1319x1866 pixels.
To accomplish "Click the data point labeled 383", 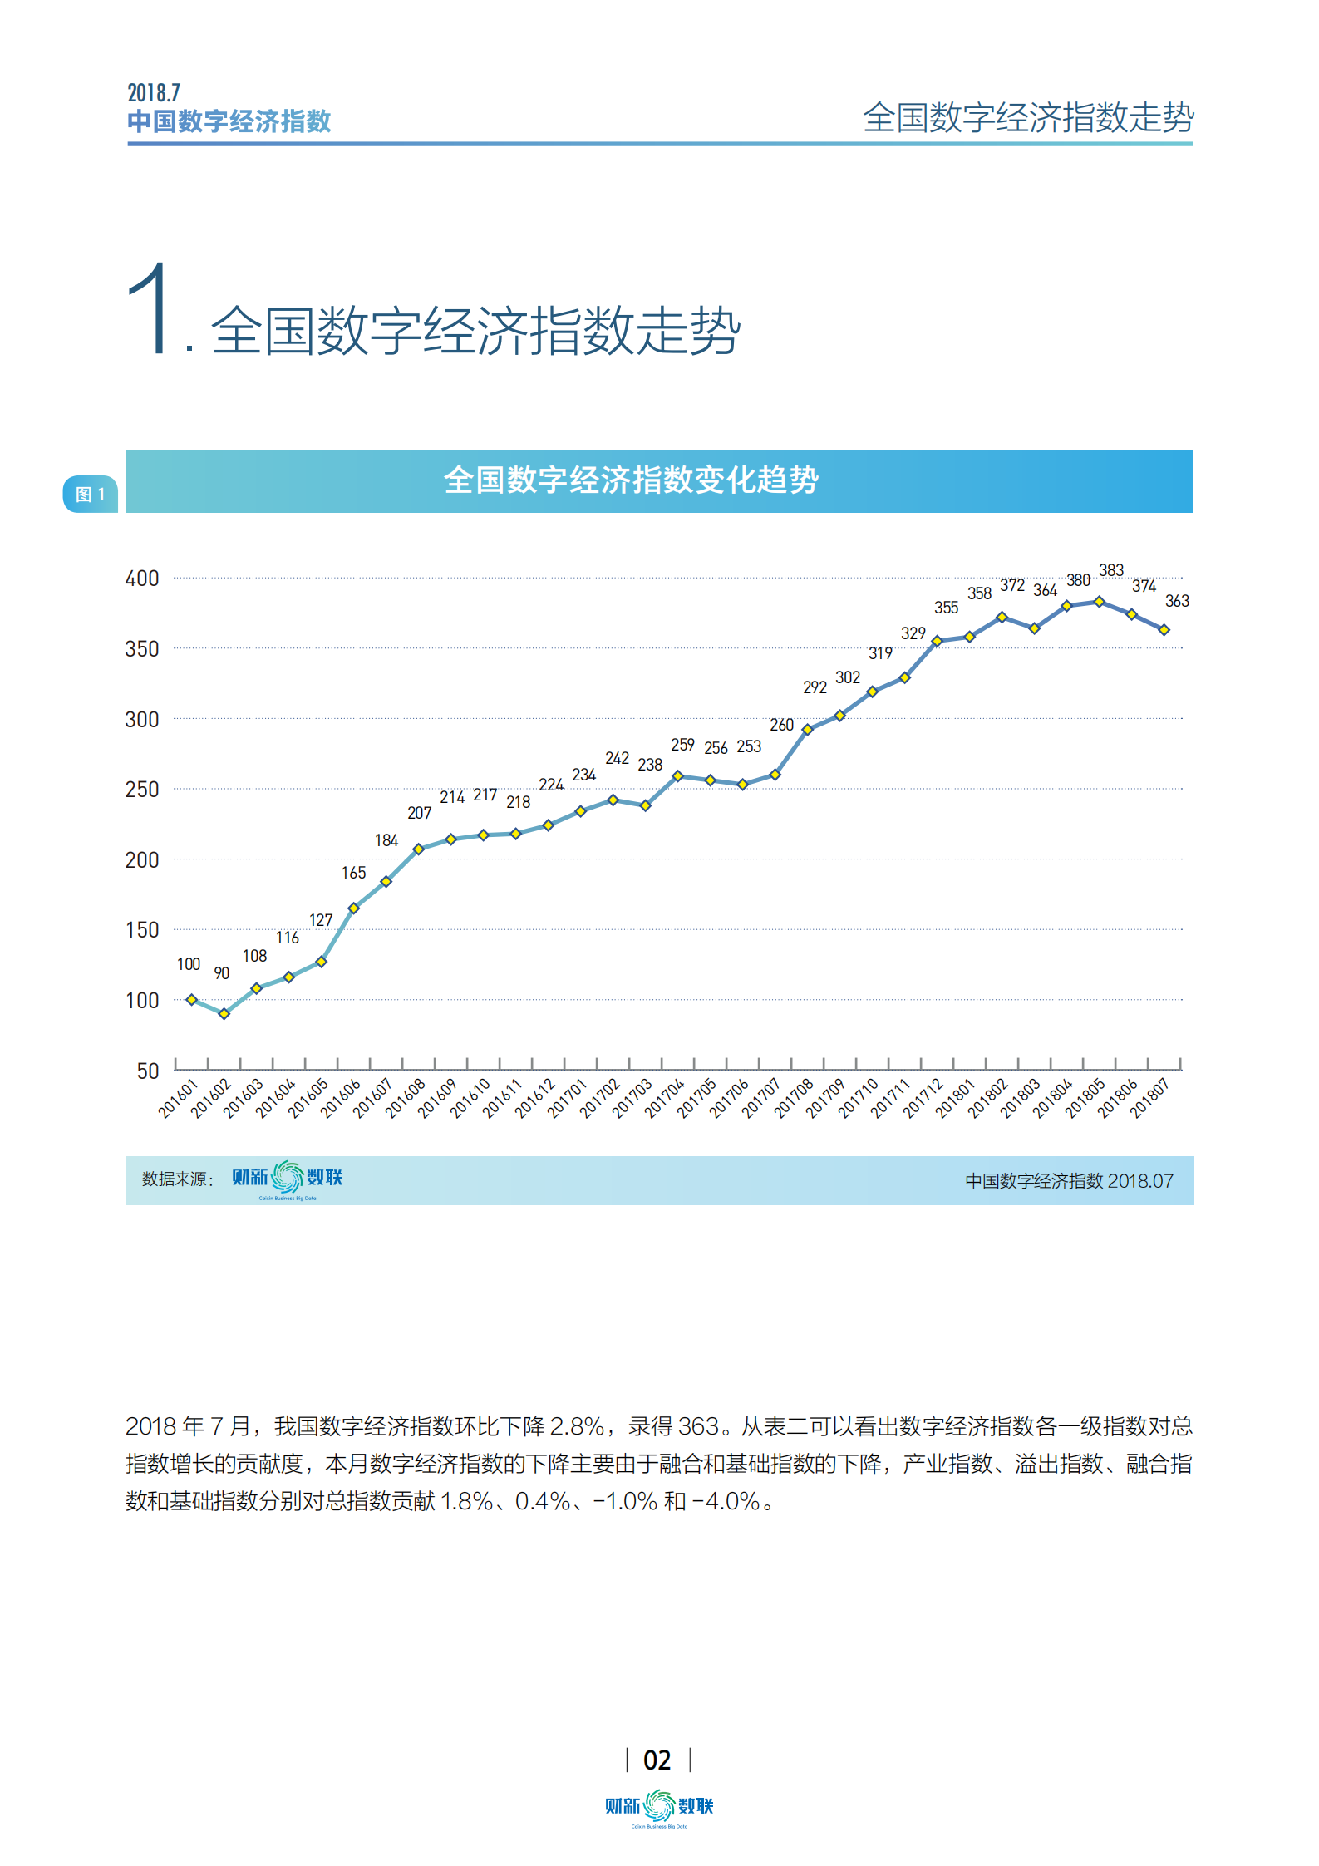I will click(x=1099, y=601).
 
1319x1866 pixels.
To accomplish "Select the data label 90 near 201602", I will click(x=221, y=973).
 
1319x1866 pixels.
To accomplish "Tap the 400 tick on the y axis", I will click(x=142, y=579).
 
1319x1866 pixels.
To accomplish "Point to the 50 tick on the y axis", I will click(x=148, y=1071).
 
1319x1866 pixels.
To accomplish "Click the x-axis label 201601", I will click(x=179, y=1099).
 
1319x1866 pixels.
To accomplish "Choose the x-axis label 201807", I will click(x=1150, y=1099).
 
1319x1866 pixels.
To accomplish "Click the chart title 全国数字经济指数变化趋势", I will click(x=631, y=480).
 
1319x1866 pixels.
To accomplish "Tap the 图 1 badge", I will click(x=91, y=495).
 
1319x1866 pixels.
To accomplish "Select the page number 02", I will click(x=657, y=1760).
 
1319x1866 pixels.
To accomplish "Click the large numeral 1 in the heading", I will click(x=151, y=309).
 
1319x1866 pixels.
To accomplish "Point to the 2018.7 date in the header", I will click(x=154, y=92).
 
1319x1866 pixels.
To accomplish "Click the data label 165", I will click(x=353, y=873).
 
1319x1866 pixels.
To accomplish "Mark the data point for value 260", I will click(x=775, y=775).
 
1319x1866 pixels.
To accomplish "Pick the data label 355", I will click(x=946, y=608).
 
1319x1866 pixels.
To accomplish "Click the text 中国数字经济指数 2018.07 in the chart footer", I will click(x=1069, y=1181).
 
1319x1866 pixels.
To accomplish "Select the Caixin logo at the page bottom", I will click(x=659, y=1807).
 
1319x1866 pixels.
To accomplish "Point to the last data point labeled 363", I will click(x=1164, y=630).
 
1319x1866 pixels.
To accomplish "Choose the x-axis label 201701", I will click(x=568, y=1099).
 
